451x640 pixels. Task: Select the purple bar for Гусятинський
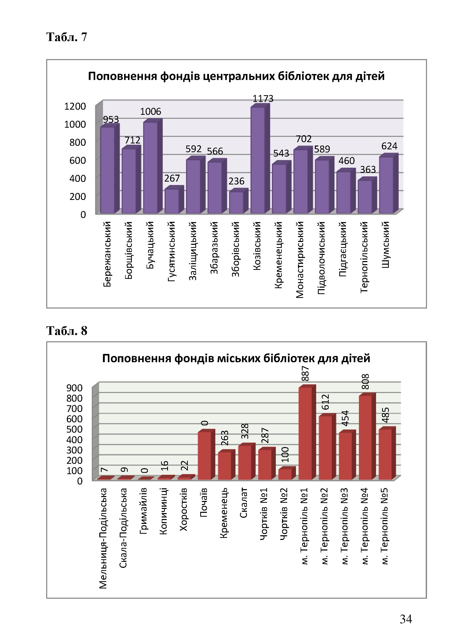[174, 200]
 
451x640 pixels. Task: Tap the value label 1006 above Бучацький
[150, 111]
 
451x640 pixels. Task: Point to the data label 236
[236, 181]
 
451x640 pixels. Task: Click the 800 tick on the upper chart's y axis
[77, 142]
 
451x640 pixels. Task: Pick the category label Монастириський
[299, 260]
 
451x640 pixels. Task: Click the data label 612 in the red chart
[325, 402]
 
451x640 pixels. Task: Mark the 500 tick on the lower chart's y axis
[74, 429]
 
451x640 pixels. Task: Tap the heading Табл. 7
[67, 37]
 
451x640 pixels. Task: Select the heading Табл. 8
[67, 331]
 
